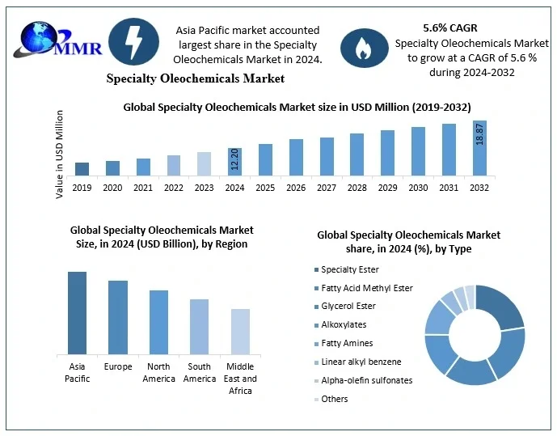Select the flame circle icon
point(359,49)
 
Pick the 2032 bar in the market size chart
point(479,148)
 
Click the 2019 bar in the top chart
point(82,168)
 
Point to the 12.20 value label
point(234,160)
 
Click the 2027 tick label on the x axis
point(327,187)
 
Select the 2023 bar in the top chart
point(204,163)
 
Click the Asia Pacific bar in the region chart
point(78,313)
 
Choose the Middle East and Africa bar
point(240,332)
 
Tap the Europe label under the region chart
point(118,366)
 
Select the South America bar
point(199,327)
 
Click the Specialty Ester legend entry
point(349,269)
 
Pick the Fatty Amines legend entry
point(347,343)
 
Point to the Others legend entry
point(334,398)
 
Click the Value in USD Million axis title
point(60,154)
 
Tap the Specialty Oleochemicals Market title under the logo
point(196,78)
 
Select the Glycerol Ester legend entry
point(348,306)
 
